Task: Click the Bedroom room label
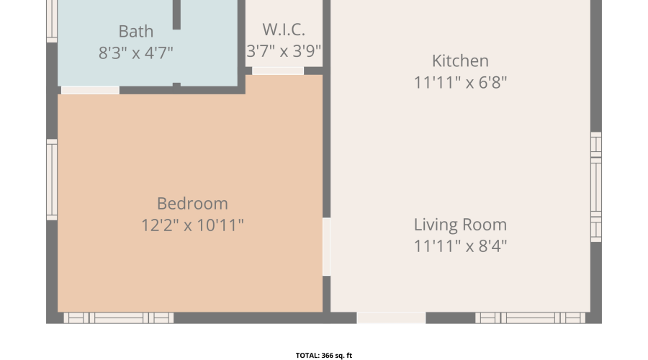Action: pyautogui.click(x=192, y=203)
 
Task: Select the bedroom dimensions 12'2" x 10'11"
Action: pyautogui.click(x=192, y=225)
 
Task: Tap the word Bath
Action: pyautogui.click(x=136, y=32)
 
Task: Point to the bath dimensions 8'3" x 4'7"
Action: pyautogui.click(x=136, y=53)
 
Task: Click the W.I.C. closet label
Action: pyautogui.click(x=284, y=30)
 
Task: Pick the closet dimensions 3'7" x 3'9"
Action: pyautogui.click(x=284, y=51)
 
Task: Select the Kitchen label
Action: pyautogui.click(x=460, y=60)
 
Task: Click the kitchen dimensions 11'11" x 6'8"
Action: pyautogui.click(x=460, y=83)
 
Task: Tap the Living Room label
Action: pyautogui.click(x=460, y=225)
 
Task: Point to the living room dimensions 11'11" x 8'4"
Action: pyautogui.click(x=460, y=246)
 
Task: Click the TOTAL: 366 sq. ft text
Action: pyautogui.click(x=324, y=356)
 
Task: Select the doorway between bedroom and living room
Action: pyautogui.click(x=326, y=247)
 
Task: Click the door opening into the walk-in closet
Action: pyautogui.click(x=278, y=71)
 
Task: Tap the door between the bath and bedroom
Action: pyautogui.click(x=91, y=90)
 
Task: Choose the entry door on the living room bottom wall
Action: pyautogui.click(x=391, y=318)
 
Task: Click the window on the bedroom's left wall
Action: pyautogui.click(x=52, y=180)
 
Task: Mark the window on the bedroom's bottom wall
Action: pyautogui.click(x=119, y=318)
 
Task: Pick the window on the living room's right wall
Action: pyautogui.click(x=596, y=186)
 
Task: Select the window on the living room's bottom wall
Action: pyautogui.click(x=530, y=318)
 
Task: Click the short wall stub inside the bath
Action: pyautogui.click(x=176, y=15)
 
